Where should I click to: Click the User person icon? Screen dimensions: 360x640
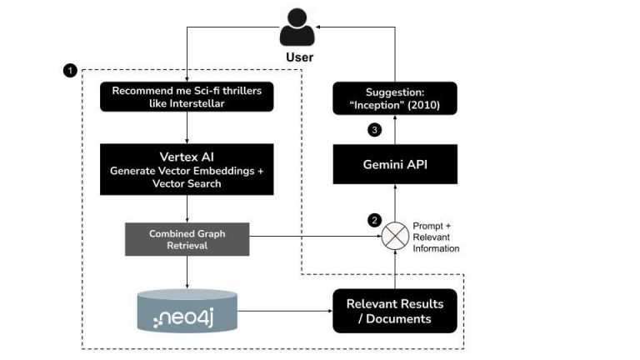(x=298, y=27)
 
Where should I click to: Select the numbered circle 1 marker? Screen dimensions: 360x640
(x=71, y=71)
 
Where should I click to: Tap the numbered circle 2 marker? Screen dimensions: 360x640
(x=374, y=221)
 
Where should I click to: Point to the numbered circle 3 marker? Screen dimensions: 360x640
(x=374, y=130)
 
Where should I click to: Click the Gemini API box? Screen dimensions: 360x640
(x=396, y=164)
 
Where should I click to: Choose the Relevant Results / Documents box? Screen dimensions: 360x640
(x=395, y=311)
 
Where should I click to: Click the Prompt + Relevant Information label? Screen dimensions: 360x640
(x=437, y=237)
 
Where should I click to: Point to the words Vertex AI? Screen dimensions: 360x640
(x=187, y=157)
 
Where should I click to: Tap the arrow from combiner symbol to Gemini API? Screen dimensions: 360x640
(x=396, y=205)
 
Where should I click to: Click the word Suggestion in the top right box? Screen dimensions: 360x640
(x=396, y=92)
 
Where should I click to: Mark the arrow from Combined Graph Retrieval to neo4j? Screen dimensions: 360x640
(x=187, y=271)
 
